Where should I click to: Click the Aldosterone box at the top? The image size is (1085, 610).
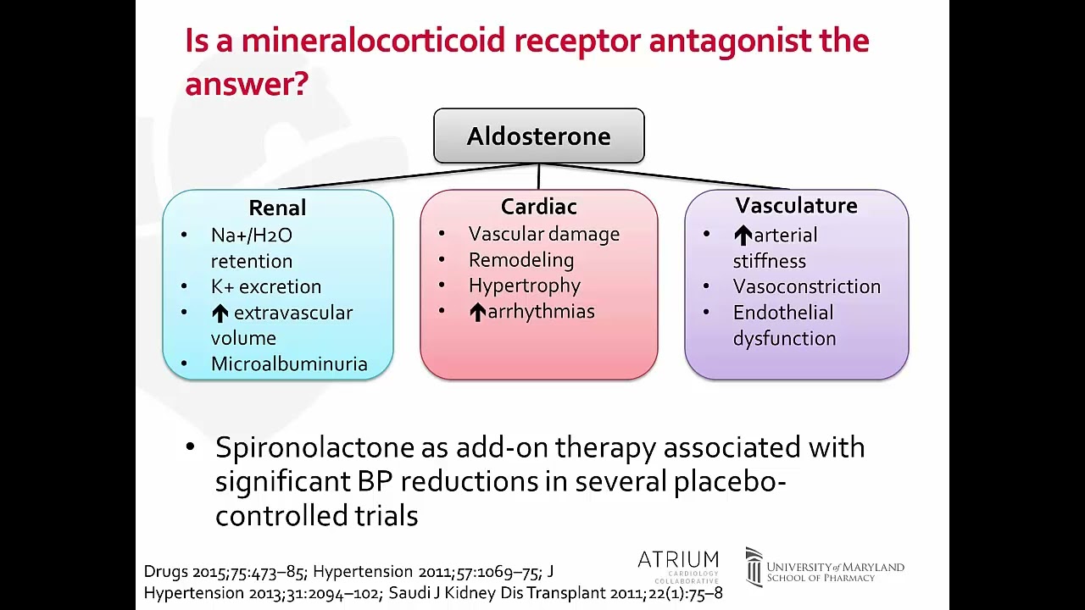[538, 136]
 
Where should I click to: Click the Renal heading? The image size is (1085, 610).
[277, 208]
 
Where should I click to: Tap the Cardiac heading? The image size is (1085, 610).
[538, 206]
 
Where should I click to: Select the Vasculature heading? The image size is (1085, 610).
[796, 205]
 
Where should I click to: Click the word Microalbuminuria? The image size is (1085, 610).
[289, 363]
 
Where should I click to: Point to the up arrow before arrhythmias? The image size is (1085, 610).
[477, 312]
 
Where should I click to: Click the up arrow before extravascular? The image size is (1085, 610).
[220, 313]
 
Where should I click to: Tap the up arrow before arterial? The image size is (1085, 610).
[743, 236]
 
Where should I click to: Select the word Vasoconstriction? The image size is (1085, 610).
[806, 286]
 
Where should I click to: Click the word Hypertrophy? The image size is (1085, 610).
[524, 286]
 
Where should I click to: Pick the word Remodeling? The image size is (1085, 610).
[520, 260]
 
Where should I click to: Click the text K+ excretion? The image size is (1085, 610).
[265, 286]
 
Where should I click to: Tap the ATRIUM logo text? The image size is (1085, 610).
[677, 560]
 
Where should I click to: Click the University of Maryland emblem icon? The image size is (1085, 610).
[754, 567]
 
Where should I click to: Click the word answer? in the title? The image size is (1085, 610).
[246, 83]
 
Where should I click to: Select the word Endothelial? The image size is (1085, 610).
[782, 313]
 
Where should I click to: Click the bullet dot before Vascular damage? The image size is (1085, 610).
[442, 234]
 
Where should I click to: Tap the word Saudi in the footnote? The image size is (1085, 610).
[409, 592]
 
